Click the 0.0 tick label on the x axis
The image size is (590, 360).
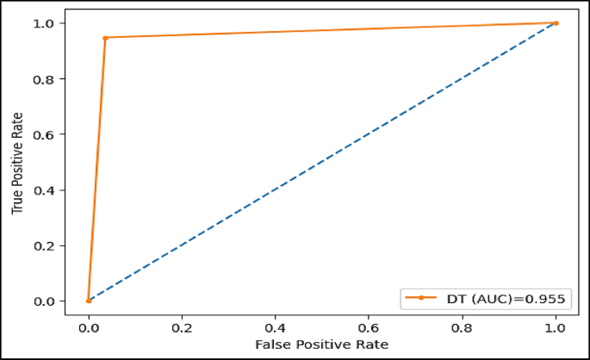pos(89,328)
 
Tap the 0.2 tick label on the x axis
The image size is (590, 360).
pos(182,328)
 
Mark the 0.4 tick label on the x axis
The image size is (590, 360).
pos(276,328)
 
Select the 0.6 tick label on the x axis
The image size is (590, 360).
pos(369,328)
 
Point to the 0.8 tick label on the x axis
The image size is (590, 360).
pos(463,328)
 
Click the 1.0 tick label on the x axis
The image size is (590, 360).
pos(556,328)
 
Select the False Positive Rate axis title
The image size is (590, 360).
pos(322,344)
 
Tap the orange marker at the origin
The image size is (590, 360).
pos(89,301)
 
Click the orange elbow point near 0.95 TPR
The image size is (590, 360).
pos(105,38)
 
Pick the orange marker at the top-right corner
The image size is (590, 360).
pos(556,23)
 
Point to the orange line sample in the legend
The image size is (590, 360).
pos(421,298)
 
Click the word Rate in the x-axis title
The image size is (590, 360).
pos(373,344)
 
